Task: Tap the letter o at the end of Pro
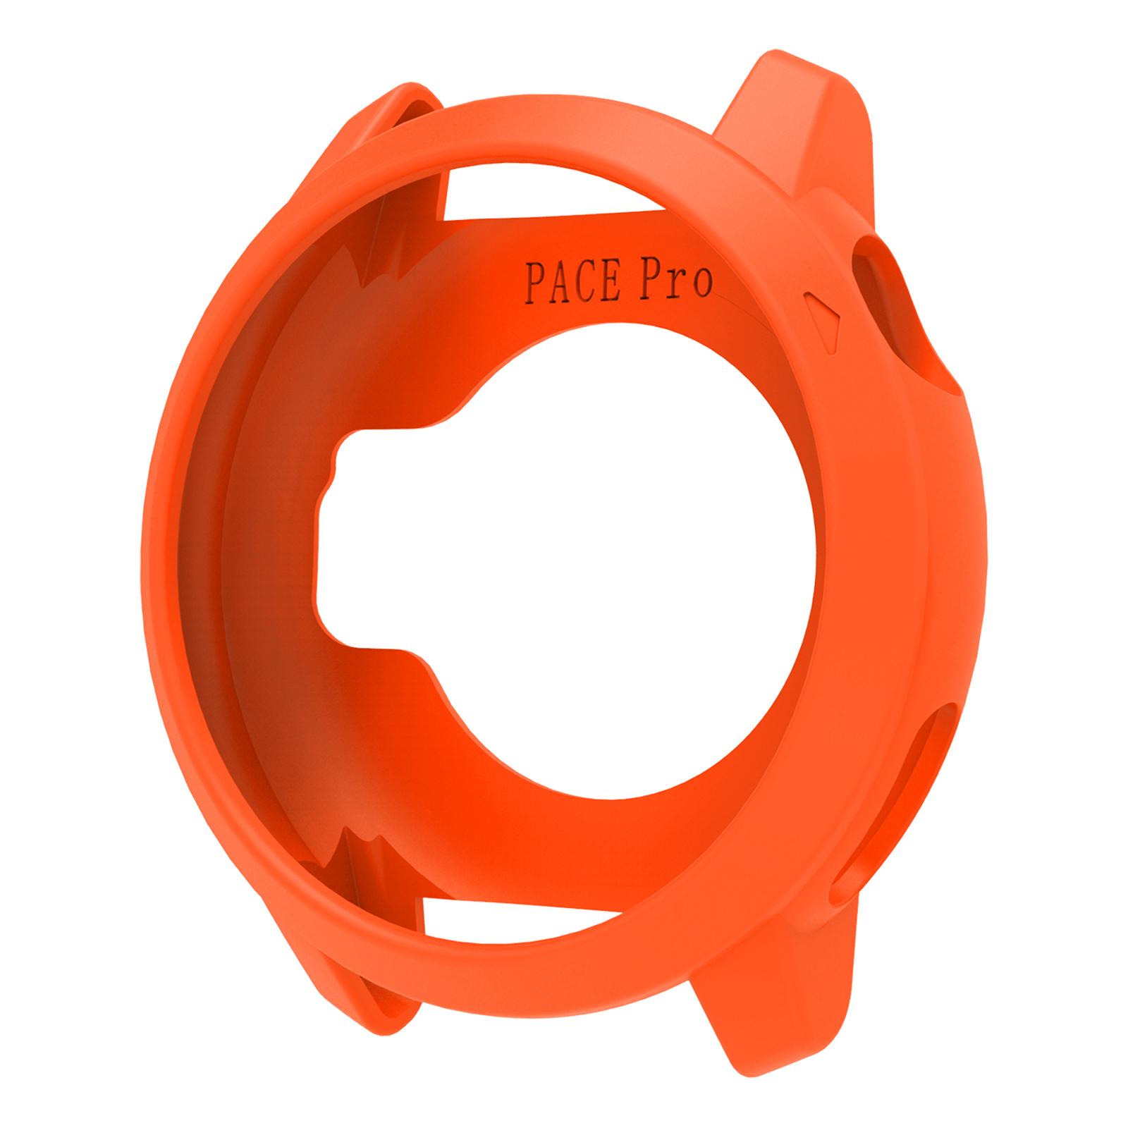701,283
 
